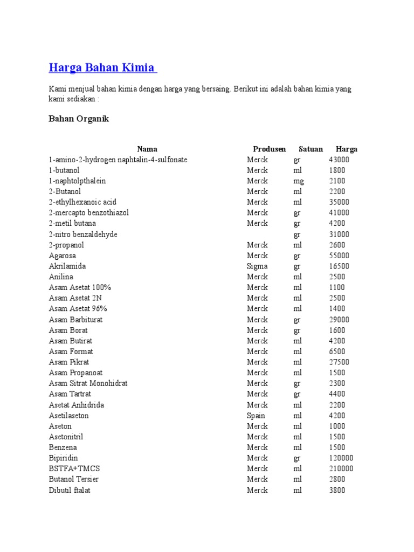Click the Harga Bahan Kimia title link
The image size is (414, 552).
[x=102, y=68]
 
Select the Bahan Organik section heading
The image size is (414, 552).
[x=79, y=119]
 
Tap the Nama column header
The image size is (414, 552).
[x=147, y=149]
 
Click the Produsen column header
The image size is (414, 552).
[x=270, y=149]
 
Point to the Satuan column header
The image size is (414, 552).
[x=311, y=149]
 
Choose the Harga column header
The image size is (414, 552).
[x=347, y=149]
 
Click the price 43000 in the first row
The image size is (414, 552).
[x=339, y=160]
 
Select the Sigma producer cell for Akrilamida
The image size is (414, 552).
[x=257, y=266]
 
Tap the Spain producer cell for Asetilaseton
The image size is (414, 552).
[x=256, y=416]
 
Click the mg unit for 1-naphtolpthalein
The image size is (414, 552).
[x=299, y=181]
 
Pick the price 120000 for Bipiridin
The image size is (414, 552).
[x=341, y=458]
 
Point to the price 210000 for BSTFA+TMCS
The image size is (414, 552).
[x=341, y=469]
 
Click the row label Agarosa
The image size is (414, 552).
[x=63, y=256]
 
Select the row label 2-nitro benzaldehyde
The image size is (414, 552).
[x=83, y=234]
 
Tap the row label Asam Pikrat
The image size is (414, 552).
[x=69, y=362]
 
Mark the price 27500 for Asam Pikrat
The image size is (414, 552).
[x=339, y=362]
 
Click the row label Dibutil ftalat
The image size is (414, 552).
[x=70, y=491]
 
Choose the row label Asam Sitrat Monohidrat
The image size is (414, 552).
[x=88, y=384]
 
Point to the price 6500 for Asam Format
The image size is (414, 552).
[x=337, y=351]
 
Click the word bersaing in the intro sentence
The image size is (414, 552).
[x=216, y=89]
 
